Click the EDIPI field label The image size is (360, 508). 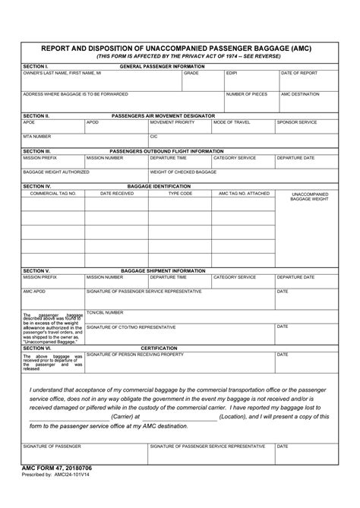click(232, 73)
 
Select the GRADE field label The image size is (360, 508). click(191, 73)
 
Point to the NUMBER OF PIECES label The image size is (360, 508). click(245, 93)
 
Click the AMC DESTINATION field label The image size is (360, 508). click(300, 93)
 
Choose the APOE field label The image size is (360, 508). click(29, 121)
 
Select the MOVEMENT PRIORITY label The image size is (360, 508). click(172, 121)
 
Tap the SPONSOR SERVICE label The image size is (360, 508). click(297, 121)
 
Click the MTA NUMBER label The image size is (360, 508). click(37, 136)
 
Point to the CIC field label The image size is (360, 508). click(153, 136)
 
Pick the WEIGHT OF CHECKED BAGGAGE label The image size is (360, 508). click(183, 172)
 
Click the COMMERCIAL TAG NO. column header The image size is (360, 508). click(53, 193)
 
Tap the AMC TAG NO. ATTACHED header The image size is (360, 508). click(244, 193)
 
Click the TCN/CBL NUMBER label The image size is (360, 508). click(105, 312)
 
